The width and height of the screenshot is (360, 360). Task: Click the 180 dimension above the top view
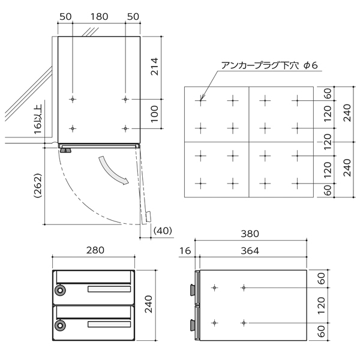(x=99, y=17)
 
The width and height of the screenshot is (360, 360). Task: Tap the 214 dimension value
(x=155, y=67)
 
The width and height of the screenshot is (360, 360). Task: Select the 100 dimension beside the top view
(x=155, y=114)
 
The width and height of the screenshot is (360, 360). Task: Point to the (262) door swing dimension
(x=38, y=186)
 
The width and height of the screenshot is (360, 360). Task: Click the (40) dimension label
(x=163, y=230)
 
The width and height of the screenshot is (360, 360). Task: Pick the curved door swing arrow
(x=113, y=171)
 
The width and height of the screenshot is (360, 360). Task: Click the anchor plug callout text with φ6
(x=269, y=65)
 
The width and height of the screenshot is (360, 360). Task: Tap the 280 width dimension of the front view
(x=95, y=250)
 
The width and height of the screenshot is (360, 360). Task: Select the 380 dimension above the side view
(x=250, y=234)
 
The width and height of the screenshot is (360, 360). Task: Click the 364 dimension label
(x=250, y=251)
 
